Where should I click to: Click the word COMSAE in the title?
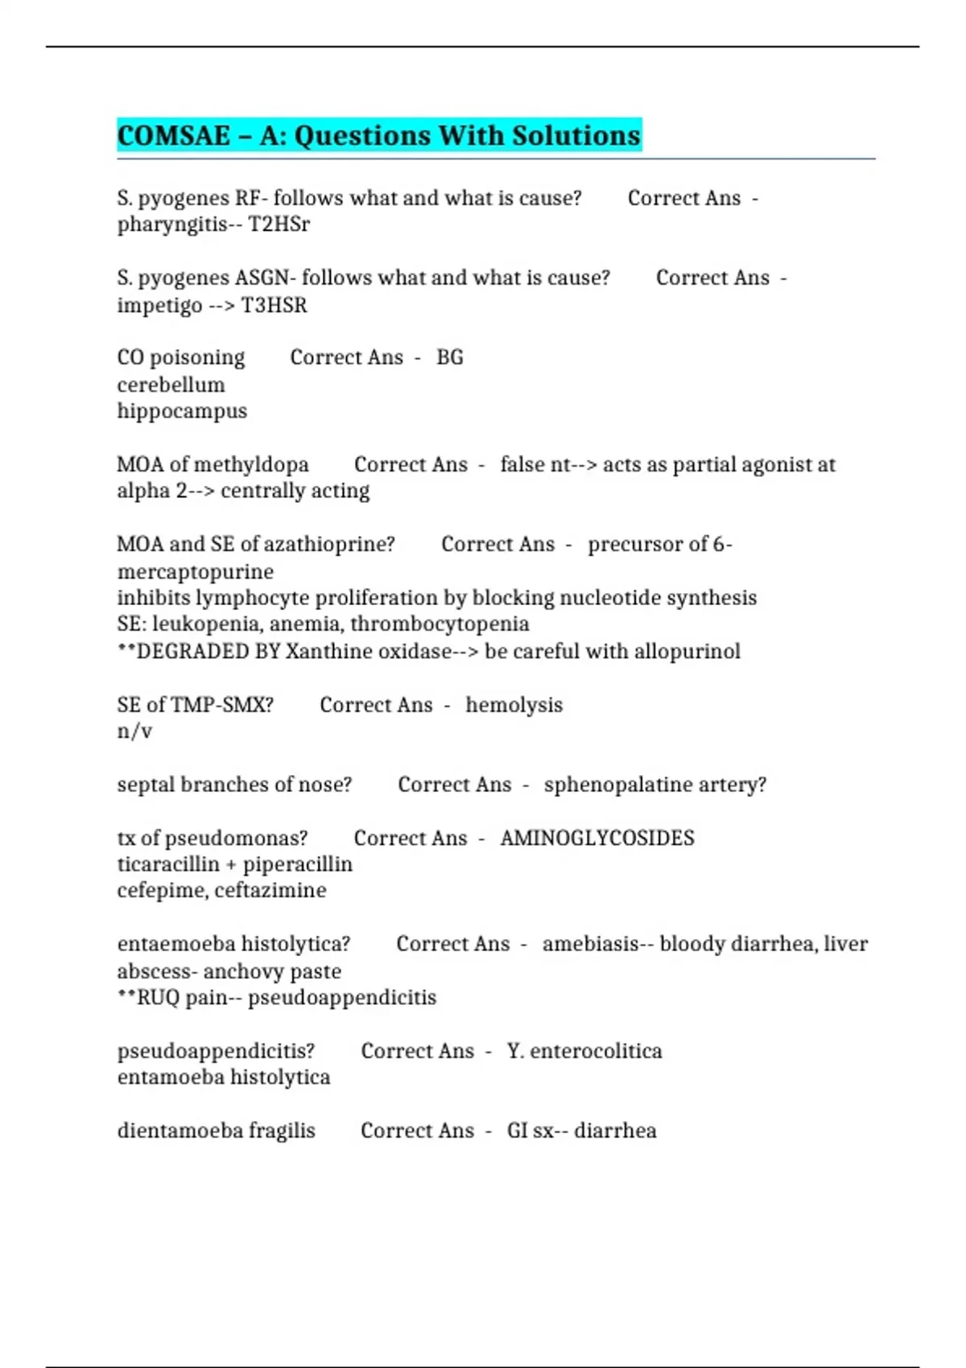click(x=174, y=135)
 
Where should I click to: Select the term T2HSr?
click(x=279, y=225)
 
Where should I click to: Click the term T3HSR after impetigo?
click(x=275, y=306)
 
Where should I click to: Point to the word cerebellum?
click(x=171, y=385)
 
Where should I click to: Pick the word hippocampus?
click(x=182, y=411)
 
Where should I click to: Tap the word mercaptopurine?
click(x=196, y=572)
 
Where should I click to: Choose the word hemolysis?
click(x=514, y=706)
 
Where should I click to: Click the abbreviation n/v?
click(x=134, y=731)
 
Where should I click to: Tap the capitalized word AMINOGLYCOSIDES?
click(x=597, y=839)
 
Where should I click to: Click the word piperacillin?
click(x=298, y=864)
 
